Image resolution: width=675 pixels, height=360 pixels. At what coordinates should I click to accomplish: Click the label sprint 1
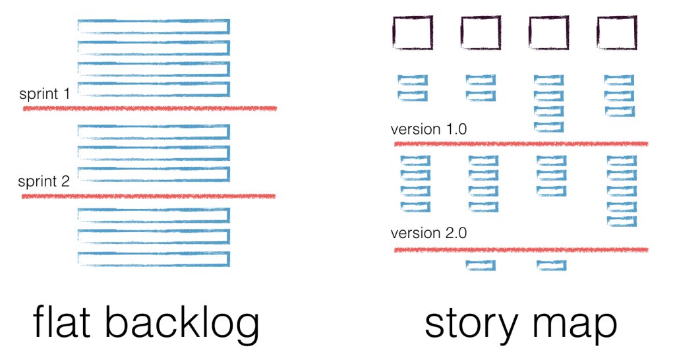click(44, 94)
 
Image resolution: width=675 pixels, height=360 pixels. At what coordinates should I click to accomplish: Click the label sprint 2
click(44, 181)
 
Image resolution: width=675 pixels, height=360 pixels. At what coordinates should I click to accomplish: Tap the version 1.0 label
click(428, 129)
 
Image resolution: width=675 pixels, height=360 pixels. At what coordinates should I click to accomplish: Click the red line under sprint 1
click(150, 108)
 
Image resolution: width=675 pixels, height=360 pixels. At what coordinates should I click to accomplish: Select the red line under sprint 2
click(149, 196)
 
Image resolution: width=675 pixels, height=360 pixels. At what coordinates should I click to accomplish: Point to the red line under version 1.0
click(521, 143)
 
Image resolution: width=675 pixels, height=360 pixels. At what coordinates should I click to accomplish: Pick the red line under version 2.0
click(521, 250)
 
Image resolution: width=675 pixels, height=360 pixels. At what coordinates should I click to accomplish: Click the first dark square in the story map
click(413, 33)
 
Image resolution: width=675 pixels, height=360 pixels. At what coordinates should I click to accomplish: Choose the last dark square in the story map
click(617, 33)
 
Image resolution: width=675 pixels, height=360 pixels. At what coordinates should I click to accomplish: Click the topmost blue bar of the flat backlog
click(154, 26)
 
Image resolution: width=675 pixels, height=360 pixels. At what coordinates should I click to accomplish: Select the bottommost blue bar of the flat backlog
click(154, 258)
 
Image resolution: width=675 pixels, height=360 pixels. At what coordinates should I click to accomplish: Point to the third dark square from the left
click(548, 33)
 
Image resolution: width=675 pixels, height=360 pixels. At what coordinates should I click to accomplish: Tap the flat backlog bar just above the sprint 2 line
click(154, 174)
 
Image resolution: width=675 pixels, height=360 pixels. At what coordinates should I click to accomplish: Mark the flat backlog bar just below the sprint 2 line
click(154, 215)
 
